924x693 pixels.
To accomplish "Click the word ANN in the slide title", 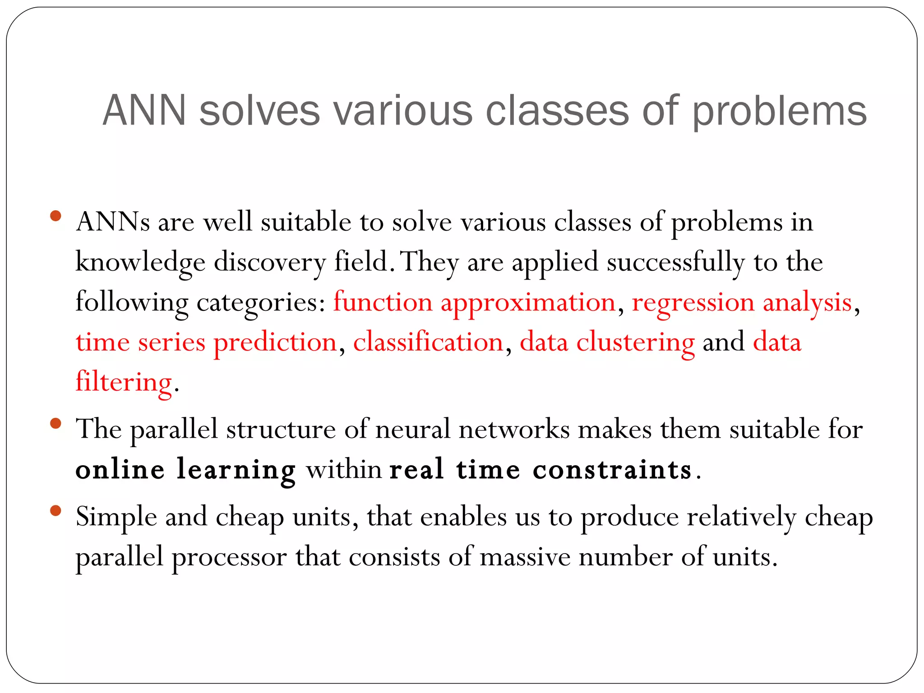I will pyautogui.click(x=144, y=111).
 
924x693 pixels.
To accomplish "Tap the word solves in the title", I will pyautogui.click(x=259, y=111).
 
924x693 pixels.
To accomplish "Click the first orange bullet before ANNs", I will pyautogui.click(x=56, y=216).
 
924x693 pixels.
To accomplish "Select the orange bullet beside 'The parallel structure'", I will pyautogui.click(x=56, y=423).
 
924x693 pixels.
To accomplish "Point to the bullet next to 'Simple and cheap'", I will pyautogui.click(x=56, y=511).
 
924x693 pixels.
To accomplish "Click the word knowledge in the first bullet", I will pyautogui.click(x=140, y=263).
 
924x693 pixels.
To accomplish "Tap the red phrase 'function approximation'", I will pyautogui.click(x=474, y=302).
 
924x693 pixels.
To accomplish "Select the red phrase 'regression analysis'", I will pyautogui.click(x=742, y=302).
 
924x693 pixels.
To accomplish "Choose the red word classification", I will pyautogui.click(x=428, y=342).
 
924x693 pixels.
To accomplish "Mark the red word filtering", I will pyautogui.click(x=124, y=382).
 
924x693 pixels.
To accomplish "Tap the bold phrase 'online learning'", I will pyautogui.click(x=185, y=470).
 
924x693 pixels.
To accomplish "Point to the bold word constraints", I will pyautogui.click(x=612, y=470).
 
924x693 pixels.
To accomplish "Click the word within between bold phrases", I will pyautogui.click(x=344, y=470).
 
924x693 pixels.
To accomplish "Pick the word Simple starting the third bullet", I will pyautogui.click(x=116, y=517).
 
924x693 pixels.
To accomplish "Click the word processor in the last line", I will pyautogui.click(x=229, y=557).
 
